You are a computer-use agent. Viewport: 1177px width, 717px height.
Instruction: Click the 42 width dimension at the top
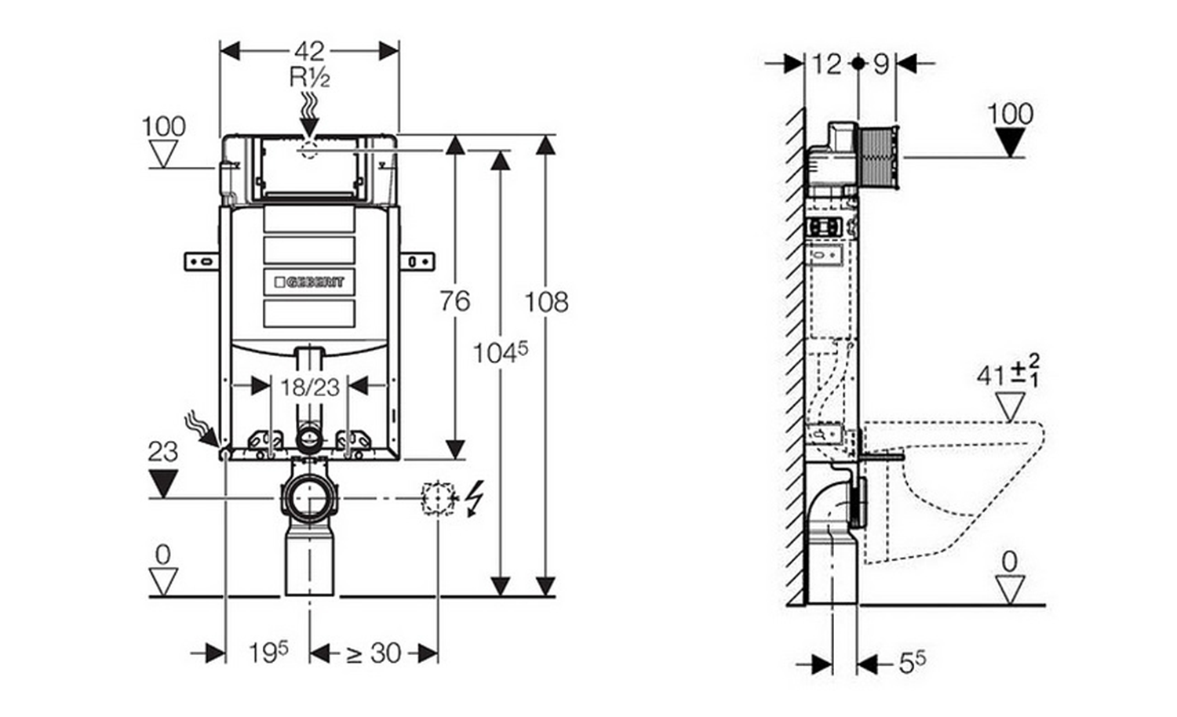[309, 52]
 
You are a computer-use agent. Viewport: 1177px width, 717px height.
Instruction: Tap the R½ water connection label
[309, 78]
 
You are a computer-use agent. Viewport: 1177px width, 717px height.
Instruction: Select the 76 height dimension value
[454, 300]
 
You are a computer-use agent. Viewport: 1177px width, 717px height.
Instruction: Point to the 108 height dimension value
[546, 301]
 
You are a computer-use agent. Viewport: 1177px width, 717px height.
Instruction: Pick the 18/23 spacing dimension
[309, 386]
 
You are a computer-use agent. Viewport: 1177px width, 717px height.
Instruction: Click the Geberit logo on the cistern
[308, 282]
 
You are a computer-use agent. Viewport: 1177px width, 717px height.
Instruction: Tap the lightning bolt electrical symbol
[474, 499]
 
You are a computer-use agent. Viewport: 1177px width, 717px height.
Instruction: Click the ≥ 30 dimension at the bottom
[374, 653]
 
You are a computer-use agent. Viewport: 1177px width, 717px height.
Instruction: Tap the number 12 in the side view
[826, 64]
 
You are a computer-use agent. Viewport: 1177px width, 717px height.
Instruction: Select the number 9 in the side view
[880, 64]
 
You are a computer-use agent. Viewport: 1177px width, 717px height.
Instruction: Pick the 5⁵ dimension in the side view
[911, 664]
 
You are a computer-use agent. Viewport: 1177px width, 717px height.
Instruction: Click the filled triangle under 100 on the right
[1008, 142]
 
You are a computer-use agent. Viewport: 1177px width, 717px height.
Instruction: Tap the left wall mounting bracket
[202, 261]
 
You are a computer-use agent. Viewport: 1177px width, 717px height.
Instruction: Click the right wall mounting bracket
[417, 261]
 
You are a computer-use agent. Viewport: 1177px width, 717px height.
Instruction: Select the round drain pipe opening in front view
[308, 497]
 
